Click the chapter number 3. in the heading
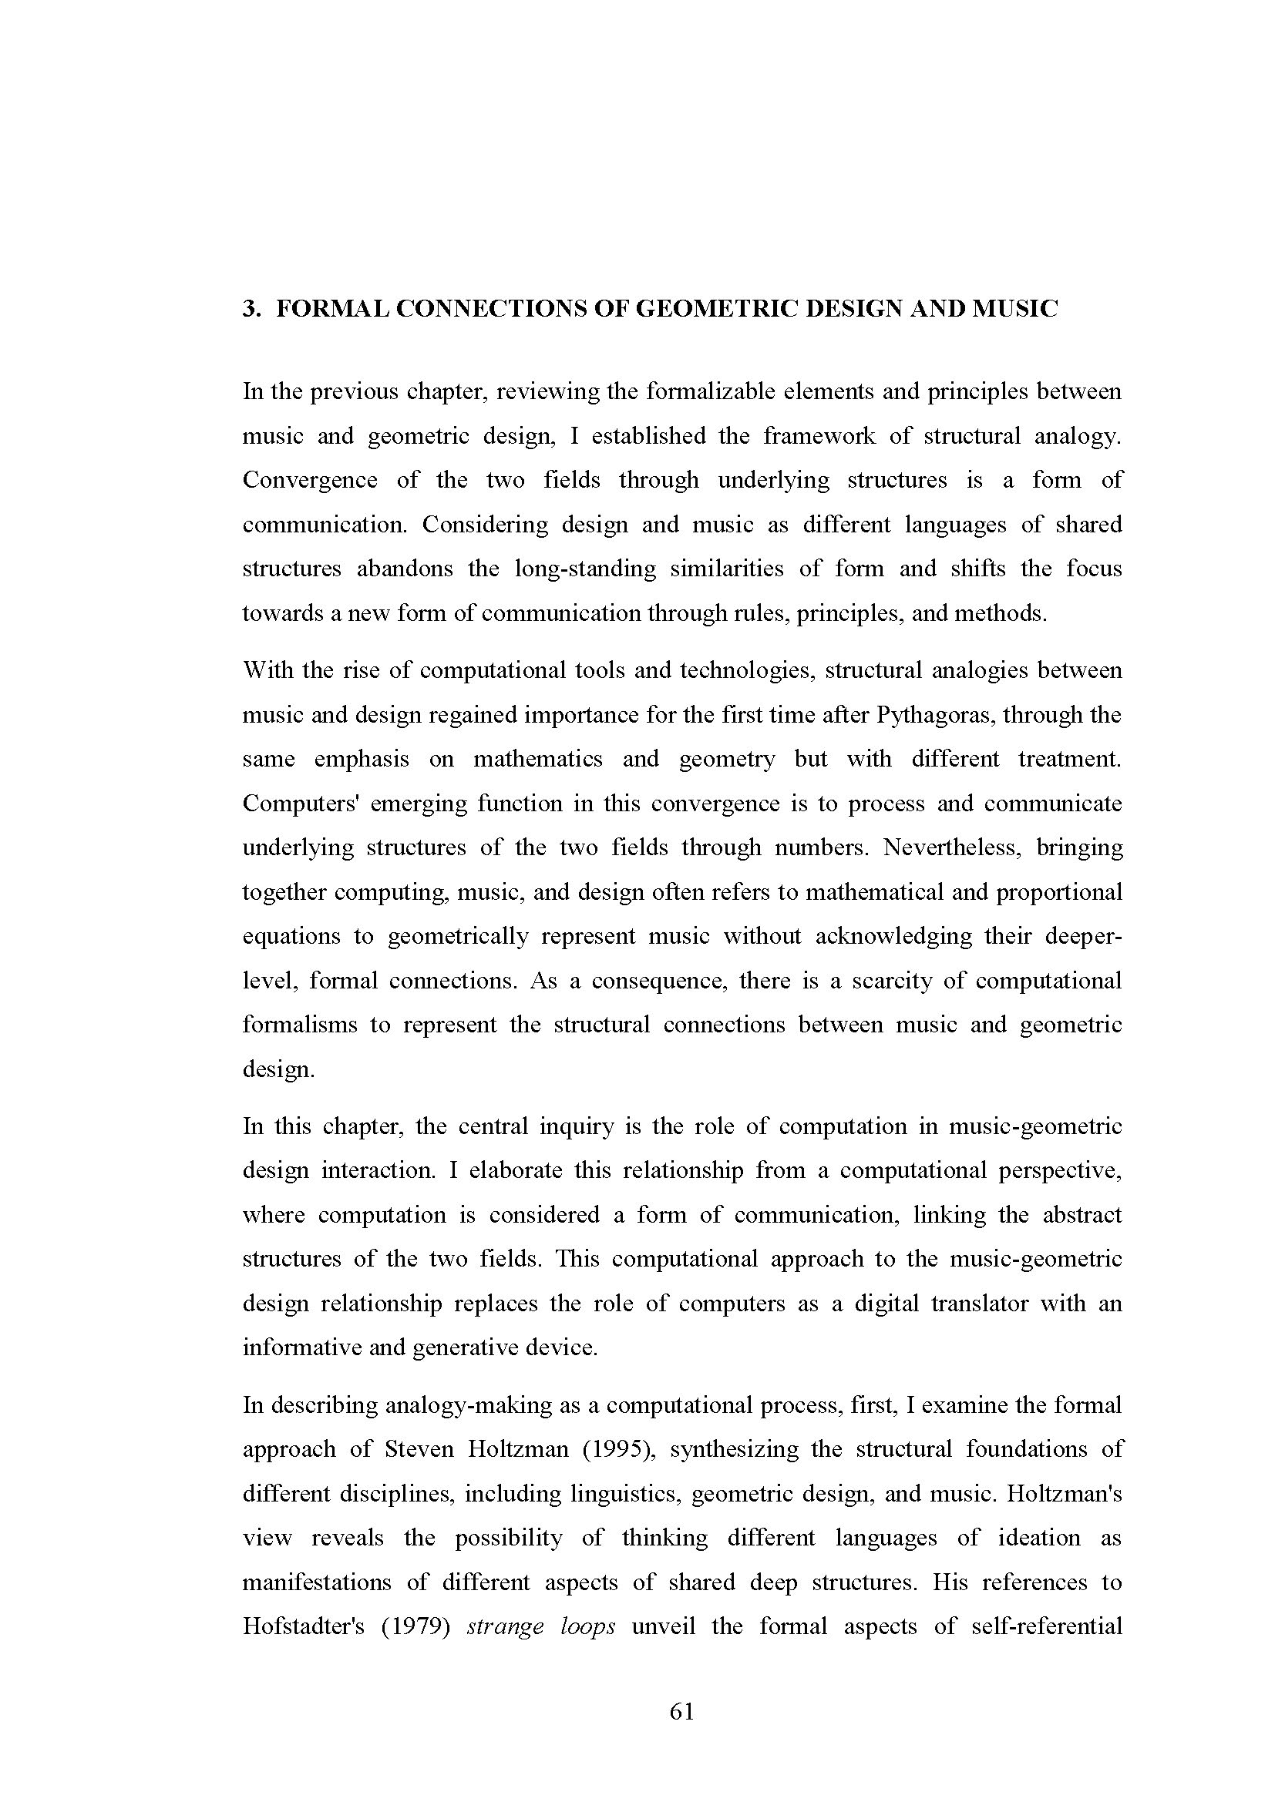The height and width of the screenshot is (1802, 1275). tap(251, 309)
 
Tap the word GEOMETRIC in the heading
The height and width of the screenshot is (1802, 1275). tap(713, 309)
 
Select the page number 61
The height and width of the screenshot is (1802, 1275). tap(681, 1712)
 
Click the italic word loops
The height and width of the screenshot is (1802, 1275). tap(588, 1626)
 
